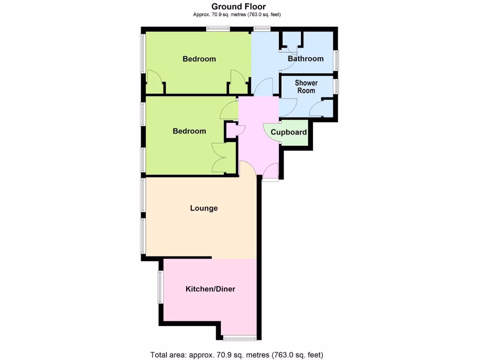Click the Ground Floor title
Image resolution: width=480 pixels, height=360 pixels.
pyautogui.click(x=239, y=7)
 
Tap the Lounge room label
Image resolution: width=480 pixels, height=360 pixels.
pyautogui.click(x=204, y=208)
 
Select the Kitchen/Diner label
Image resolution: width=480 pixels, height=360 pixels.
pyautogui.click(x=210, y=289)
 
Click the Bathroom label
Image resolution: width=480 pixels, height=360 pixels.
pyautogui.click(x=306, y=59)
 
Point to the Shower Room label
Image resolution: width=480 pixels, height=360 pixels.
pyautogui.click(x=306, y=87)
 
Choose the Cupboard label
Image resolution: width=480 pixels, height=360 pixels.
pyautogui.click(x=289, y=132)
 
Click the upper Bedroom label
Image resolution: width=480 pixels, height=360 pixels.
pyautogui.click(x=199, y=59)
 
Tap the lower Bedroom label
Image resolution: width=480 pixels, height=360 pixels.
pyautogui.click(x=189, y=131)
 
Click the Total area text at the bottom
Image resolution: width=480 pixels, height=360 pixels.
pyautogui.click(x=237, y=354)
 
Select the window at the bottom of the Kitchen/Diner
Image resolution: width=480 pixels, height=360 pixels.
pyautogui.click(x=240, y=337)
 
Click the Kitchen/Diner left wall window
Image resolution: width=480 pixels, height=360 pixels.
pyautogui.click(x=160, y=287)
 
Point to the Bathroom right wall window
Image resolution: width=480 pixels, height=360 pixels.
pyautogui.click(x=336, y=60)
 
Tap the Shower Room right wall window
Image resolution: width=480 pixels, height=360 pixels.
pyautogui.click(x=336, y=86)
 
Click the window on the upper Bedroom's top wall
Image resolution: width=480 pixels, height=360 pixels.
pyautogui.click(x=218, y=30)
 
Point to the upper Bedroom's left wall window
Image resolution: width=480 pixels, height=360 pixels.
pyautogui.click(x=143, y=54)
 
